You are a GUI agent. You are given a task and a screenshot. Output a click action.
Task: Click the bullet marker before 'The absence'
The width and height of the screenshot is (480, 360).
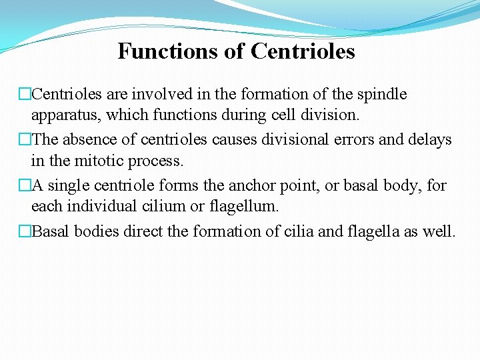click(x=25, y=140)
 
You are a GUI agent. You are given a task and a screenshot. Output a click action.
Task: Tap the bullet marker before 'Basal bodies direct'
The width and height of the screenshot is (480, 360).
click(x=25, y=232)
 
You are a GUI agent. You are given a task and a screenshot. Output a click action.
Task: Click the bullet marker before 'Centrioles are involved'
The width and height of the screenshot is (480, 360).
click(x=25, y=95)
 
